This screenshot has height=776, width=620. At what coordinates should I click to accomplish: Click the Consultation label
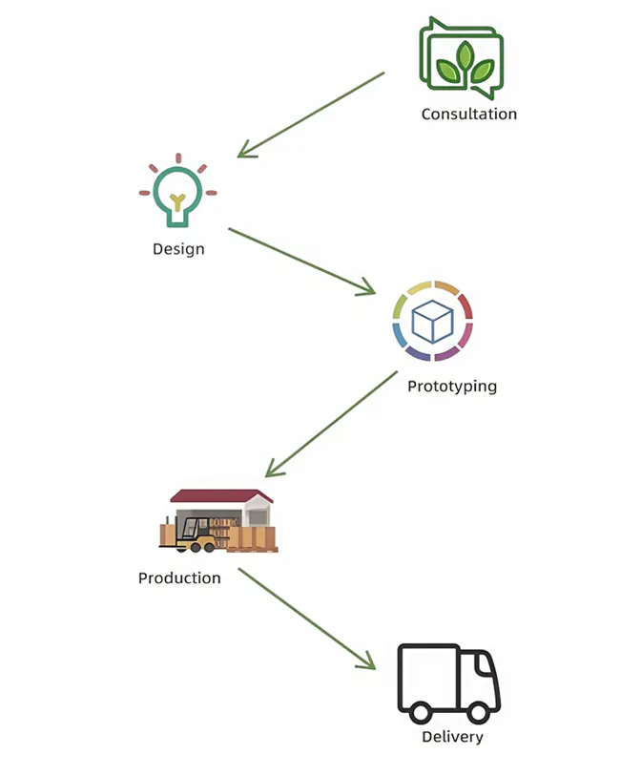(468, 114)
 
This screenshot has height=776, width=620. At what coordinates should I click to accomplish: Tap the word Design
(178, 249)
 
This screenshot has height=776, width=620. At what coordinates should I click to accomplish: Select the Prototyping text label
(451, 387)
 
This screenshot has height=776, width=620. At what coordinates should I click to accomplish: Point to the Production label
(179, 577)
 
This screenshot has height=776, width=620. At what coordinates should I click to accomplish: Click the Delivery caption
(452, 737)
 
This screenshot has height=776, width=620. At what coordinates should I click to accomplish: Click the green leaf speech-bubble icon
(463, 58)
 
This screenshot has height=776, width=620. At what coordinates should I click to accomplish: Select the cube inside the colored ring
(432, 322)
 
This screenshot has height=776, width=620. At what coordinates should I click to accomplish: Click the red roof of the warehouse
(221, 496)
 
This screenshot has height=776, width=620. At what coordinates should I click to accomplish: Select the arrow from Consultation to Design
(311, 115)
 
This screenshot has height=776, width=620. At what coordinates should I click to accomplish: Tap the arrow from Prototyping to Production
(331, 424)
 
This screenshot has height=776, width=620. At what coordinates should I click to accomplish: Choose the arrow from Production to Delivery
(306, 619)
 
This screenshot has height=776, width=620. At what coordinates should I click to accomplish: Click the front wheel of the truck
(477, 711)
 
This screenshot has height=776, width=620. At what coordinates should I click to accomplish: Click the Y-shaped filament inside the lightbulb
(177, 200)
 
